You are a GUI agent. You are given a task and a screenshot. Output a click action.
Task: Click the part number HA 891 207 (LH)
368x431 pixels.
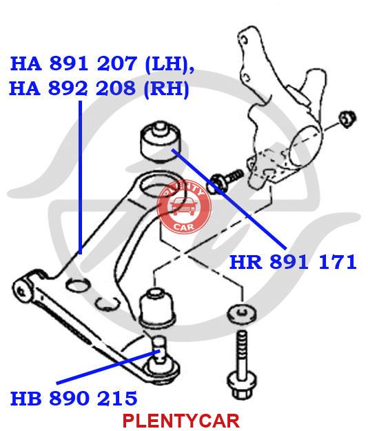pos(102,64)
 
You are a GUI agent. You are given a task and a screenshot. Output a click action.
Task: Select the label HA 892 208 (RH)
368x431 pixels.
pos(99,88)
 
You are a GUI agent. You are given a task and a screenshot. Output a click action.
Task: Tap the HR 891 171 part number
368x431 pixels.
pos(293,261)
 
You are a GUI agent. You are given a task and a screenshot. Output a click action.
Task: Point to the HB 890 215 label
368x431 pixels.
pos(74,398)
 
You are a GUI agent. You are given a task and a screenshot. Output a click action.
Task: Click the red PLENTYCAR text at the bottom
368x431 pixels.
pos(181,420)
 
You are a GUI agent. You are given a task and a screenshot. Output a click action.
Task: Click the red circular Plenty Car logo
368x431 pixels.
pos(184,206)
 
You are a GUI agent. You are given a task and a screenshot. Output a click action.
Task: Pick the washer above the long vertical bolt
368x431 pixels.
pos(242,313)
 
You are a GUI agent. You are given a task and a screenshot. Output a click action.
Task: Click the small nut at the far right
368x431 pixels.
pos(347,119)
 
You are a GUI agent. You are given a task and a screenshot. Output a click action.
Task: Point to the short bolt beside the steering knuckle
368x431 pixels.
pos(225,179)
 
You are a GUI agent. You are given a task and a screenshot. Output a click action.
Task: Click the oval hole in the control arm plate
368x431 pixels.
pos(78,285)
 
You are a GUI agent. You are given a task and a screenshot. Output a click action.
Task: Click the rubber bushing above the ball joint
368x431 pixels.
pos(157,308)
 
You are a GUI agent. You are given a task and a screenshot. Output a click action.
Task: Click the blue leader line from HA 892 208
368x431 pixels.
pos(80,177)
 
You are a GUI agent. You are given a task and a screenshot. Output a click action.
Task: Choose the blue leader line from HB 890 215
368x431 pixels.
pos(108,367)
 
